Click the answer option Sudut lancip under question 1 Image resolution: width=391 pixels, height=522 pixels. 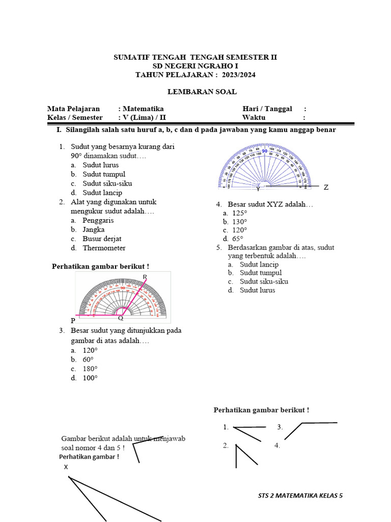102,193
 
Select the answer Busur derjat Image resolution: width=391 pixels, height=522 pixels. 102,239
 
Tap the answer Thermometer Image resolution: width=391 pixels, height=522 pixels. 104,248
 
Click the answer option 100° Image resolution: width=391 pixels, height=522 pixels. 90,378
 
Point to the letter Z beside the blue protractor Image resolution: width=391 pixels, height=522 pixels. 326,188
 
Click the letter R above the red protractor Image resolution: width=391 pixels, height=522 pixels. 145,277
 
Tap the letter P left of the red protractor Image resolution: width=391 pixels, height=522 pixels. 73,321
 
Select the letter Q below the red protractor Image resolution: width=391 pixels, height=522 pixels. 121,319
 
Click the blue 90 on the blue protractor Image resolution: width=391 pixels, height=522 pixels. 265,151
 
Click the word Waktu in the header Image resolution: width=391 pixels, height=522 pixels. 254,117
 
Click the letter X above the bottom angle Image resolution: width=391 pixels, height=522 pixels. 66,467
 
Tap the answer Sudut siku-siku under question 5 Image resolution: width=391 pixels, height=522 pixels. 265,281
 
